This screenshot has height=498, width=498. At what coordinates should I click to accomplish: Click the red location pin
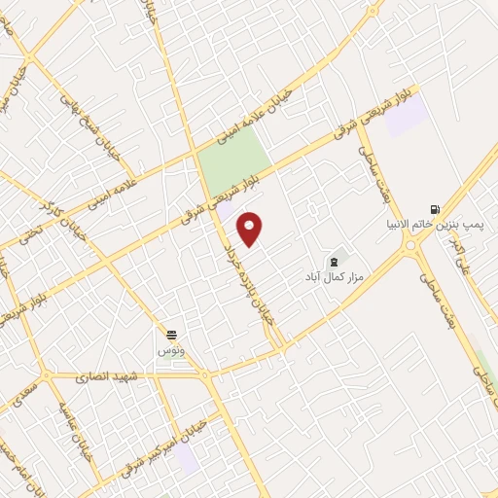250,229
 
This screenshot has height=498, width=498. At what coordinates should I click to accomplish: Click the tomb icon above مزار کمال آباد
336,260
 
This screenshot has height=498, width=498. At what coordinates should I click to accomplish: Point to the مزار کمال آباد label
331,276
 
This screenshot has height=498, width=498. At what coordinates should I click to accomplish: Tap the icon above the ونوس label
171,335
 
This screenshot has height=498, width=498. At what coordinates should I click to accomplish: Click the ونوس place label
171,348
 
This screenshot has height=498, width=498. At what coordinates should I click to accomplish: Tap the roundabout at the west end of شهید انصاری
44,375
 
